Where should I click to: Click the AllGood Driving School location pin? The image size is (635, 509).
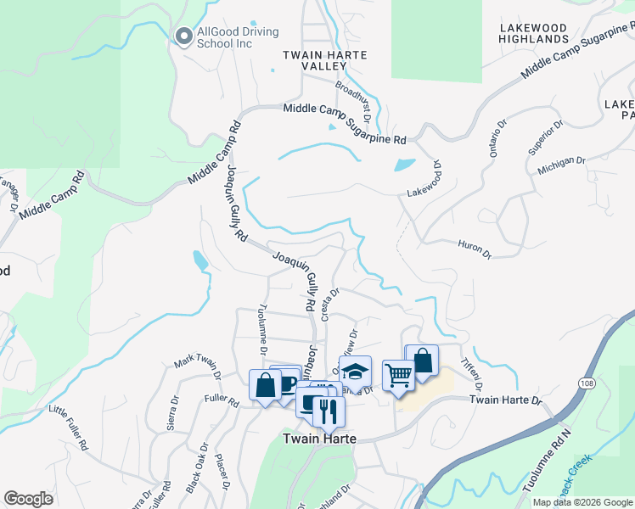(183, 36)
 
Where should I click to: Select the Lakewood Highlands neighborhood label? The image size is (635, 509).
(533, 33)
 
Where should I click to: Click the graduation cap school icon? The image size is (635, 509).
(355, 371)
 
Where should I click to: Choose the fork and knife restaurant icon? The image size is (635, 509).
(329, 411)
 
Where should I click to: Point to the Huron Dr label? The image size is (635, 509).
(475, 249)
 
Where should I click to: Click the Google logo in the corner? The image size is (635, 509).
(28, 498)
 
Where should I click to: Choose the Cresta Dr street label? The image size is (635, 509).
(329, 304)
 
